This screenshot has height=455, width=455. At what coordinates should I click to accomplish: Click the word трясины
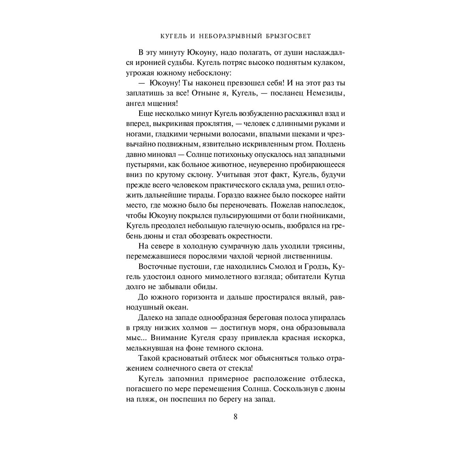click(x=332, y=246)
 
